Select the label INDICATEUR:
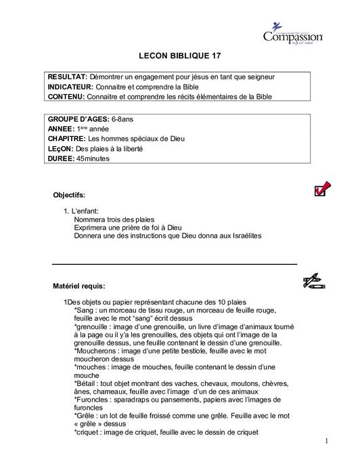click(x=74, y=87)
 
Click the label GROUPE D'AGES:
click(x=79, y=119)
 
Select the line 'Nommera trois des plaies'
click(x=115, y=219)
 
